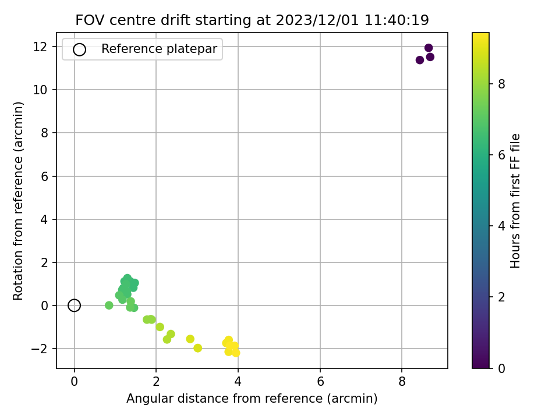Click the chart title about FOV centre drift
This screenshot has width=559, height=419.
tap(252, 20)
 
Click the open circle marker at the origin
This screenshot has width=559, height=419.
tap(74, 306)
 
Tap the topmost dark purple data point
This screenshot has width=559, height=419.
tap(429, 48)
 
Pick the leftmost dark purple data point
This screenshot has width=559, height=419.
tap(420, 60)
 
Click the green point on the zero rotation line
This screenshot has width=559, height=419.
tap(109, 306)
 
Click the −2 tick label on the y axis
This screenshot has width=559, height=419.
tap(39, 349)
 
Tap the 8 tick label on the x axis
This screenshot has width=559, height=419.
tap(402, 382)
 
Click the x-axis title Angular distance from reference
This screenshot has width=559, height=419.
tap(252, 398)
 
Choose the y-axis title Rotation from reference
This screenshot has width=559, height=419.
tap(17, 201)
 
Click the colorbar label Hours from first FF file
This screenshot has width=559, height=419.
tap(515, 201)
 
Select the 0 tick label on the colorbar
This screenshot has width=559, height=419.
tap(501, 368)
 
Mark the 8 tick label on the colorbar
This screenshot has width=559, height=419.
tap(501, 84)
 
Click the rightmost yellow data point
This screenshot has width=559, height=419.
tap(236, 353)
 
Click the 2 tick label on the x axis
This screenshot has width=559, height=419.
tap(156, 382)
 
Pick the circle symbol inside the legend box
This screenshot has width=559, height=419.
tap(79, 49)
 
